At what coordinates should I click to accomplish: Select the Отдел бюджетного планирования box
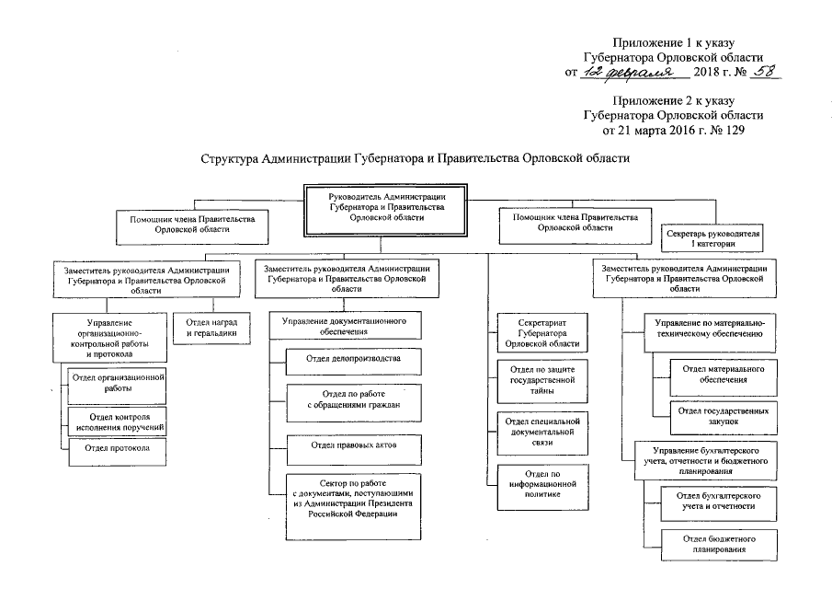[712, 543]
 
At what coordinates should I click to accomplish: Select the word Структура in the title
[231, 159]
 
